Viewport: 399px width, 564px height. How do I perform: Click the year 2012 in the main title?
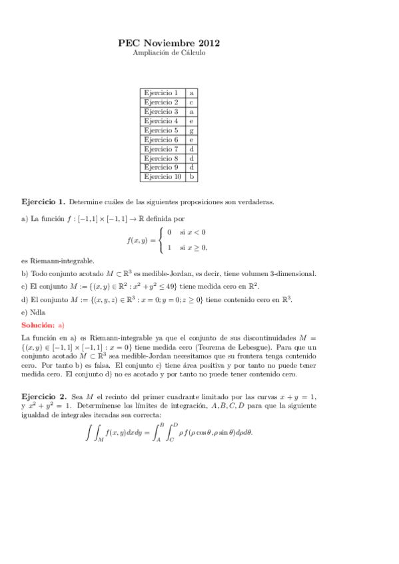(207, 43)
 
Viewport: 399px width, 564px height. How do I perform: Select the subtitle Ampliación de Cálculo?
(169, 53)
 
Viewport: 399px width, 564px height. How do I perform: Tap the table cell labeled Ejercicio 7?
(161, 149)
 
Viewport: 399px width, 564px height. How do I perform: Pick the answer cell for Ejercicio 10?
(191, 177)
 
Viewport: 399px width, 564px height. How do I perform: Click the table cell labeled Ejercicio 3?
(161, 112)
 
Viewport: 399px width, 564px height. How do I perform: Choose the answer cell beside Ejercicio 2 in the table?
(191, 102)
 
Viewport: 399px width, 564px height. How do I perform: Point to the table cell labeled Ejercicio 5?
(161, 130)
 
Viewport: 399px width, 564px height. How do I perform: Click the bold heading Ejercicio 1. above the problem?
(43, 202)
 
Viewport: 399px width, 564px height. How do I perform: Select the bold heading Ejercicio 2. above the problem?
(43, 396)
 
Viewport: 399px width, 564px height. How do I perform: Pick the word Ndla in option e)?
(37, 312)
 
